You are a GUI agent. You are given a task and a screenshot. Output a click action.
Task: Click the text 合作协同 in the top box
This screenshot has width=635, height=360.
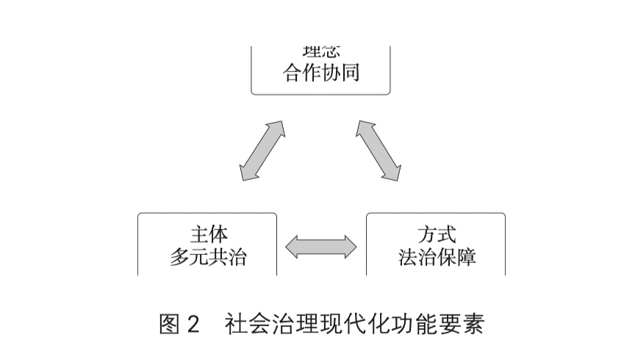321,73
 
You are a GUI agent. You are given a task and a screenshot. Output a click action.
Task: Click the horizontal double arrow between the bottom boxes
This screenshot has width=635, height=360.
321,247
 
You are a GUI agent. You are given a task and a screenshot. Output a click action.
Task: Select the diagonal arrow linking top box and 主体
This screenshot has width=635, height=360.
261,151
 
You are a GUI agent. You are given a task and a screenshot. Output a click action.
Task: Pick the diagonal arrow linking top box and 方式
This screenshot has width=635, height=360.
379,151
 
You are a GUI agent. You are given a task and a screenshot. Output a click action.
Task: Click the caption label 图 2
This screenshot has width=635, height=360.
179,324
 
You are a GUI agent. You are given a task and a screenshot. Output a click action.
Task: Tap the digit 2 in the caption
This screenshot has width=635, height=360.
193,325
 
